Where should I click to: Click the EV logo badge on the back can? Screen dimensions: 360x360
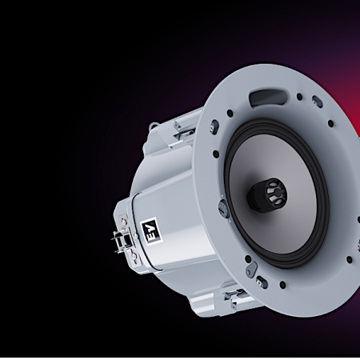[x=151, y=229]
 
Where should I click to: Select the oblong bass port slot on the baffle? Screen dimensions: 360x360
[x=267, y=98]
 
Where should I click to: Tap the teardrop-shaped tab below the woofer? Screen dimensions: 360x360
[x=251, y=269]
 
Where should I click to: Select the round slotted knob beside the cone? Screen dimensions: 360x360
[x=223, y=206]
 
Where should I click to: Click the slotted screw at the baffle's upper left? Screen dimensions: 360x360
[x=214, y=125]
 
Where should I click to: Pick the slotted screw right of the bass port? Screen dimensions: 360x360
[x=317, y=101]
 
